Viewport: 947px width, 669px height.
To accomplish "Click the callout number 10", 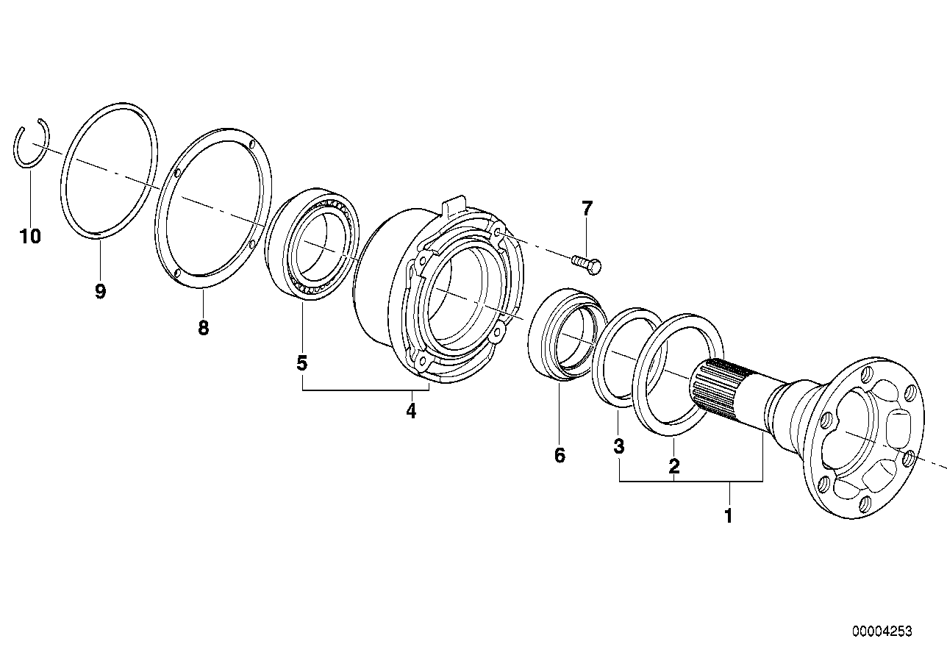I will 31,236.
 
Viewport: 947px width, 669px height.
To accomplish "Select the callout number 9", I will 100,291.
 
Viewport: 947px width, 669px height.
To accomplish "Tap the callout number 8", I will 203,328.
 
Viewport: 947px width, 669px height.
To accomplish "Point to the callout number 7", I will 586,209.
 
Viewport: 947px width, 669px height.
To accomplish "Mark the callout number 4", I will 411,411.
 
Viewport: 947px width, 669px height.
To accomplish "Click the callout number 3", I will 618,446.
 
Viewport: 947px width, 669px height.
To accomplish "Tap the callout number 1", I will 728,516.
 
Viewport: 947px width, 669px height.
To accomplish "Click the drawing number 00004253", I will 882,632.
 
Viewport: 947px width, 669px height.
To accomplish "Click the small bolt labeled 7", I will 586,262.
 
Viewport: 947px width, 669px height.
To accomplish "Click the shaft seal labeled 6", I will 563,334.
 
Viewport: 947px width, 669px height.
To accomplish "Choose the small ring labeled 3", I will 626,356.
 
